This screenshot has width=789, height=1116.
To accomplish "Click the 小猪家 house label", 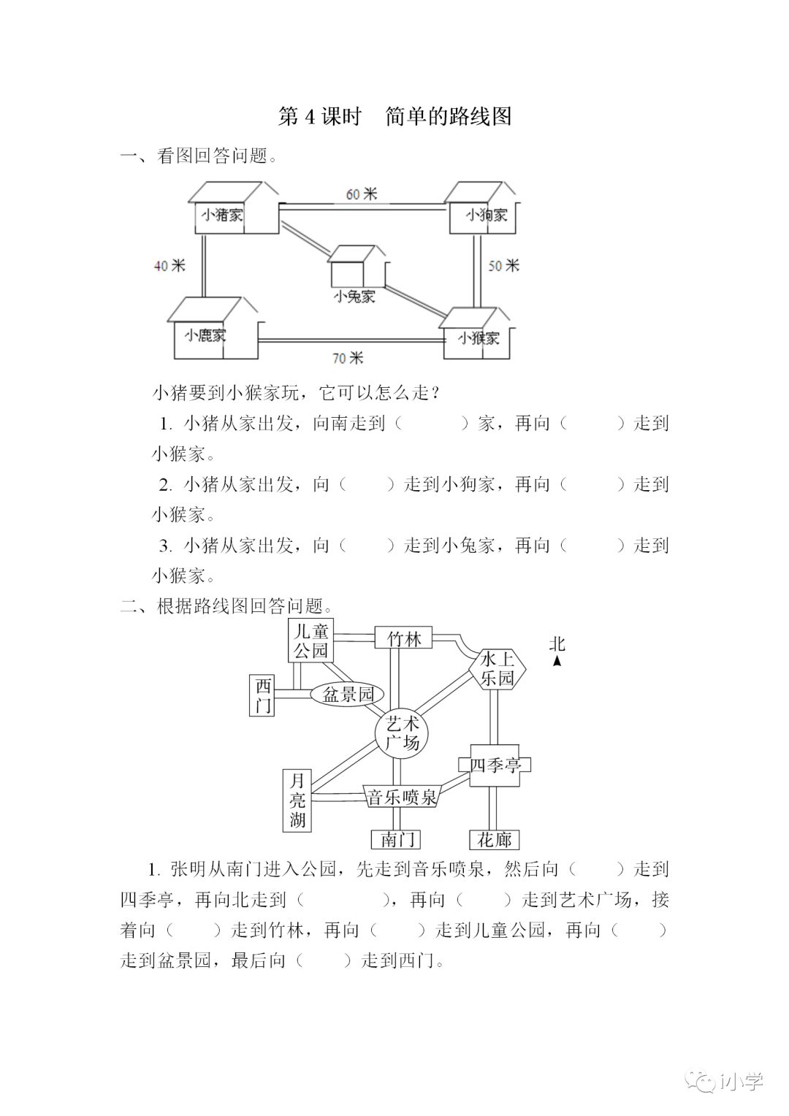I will coord(223,215).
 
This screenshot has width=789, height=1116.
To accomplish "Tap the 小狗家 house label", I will coord(487,215).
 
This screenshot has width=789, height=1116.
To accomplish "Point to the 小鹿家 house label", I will coord(205,335).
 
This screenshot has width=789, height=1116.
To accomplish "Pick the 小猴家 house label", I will coord(479,338).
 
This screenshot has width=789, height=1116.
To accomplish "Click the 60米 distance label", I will coord(361,194).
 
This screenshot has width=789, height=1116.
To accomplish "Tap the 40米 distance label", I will coord(169,266).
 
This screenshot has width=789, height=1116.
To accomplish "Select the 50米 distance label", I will coord(503,266).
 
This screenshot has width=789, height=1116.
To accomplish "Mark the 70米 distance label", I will coord(347,358).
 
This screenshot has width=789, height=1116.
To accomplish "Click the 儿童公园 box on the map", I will coord(310,641).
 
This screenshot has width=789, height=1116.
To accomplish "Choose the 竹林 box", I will coord(403,638).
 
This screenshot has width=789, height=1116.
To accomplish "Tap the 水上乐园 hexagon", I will coord(498,669).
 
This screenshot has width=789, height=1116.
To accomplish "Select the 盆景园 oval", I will coord(348,695).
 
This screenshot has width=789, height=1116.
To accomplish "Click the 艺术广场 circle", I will coord(402,733).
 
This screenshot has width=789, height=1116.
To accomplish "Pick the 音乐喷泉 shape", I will coord(401,796).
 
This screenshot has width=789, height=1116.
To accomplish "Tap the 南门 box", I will coord(396,840).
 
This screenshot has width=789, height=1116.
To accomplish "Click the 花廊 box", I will coord(495,840).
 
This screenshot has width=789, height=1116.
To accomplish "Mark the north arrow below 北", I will coord(557,661).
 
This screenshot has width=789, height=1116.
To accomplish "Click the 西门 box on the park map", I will coord(263,695).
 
